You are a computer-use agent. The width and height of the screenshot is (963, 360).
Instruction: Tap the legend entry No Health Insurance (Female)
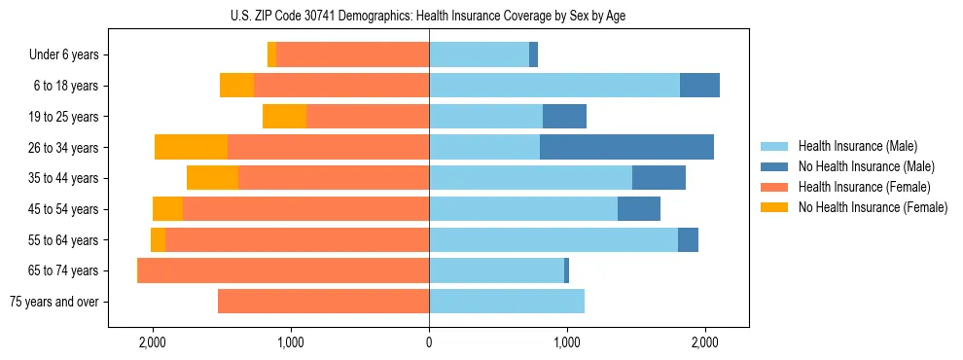865,207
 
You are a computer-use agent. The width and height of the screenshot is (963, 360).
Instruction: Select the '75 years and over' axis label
53,302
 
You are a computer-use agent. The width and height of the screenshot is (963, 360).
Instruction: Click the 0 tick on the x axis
429,342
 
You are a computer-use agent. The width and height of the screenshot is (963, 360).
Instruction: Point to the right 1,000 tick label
567,342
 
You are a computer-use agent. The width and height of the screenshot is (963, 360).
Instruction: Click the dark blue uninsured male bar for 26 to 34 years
626,147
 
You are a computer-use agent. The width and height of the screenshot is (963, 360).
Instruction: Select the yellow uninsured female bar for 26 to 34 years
191,147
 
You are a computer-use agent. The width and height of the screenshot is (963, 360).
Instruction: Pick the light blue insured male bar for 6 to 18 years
554,86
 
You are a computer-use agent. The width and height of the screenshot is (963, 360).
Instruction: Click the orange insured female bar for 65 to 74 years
284,270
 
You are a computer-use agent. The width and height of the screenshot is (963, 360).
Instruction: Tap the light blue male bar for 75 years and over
507,302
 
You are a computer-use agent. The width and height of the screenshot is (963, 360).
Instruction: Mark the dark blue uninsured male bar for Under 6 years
533,54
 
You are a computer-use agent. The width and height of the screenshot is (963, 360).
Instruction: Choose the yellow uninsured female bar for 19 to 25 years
284,117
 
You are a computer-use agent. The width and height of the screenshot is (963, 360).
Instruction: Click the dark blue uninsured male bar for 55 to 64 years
688,239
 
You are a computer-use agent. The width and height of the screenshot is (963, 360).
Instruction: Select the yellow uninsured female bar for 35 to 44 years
212,178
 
